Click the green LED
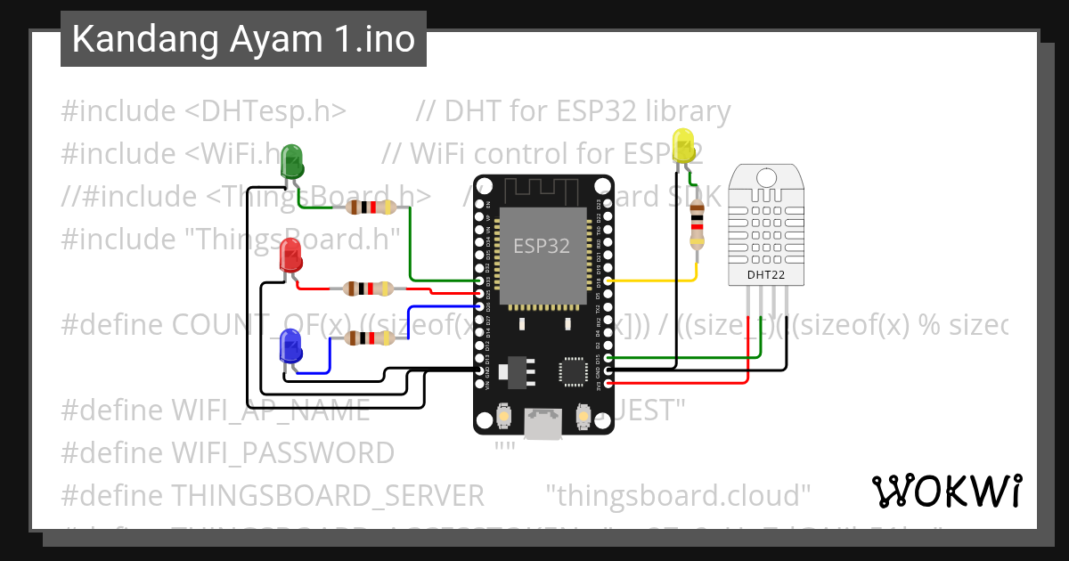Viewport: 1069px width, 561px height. coord(291,161)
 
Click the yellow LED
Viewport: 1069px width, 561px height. coord(683,145)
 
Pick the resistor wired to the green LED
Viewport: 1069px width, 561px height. coord(370,207)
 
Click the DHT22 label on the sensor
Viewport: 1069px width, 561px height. coord(765,276)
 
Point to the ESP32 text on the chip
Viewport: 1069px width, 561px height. coord(541,247)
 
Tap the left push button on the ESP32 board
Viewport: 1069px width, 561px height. coord(503,416)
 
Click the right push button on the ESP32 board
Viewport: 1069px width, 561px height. coord(583,416)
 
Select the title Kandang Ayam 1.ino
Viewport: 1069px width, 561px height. coord(243,39)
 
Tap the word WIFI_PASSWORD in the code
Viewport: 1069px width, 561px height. coord(282,453)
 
